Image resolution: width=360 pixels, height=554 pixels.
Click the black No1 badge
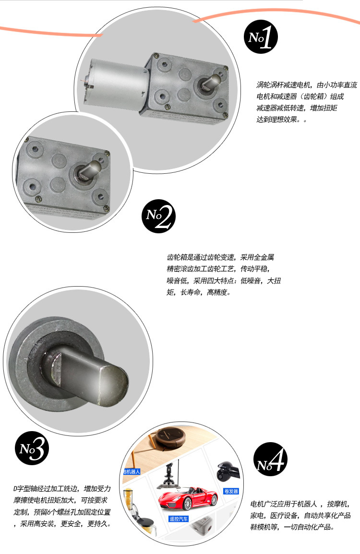[261, 37]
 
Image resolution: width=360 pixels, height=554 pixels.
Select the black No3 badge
[32, 448]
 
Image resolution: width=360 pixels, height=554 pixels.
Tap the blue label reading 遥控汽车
[179, 519]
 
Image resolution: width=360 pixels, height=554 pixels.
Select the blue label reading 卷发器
[231, 491]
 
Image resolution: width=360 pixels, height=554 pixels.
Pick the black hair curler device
[228, 471]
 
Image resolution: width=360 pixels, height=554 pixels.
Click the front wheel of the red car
[187, 504]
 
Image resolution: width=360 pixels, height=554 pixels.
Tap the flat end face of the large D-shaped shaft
[113, 385]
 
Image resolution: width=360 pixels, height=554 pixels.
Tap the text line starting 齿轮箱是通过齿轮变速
[220, 257]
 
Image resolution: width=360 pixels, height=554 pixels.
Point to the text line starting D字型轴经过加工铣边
[62, 489]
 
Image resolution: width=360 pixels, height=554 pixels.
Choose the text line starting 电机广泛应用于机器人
[300, 504]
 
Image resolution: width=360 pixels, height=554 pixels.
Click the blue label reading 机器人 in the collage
[132, 471]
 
